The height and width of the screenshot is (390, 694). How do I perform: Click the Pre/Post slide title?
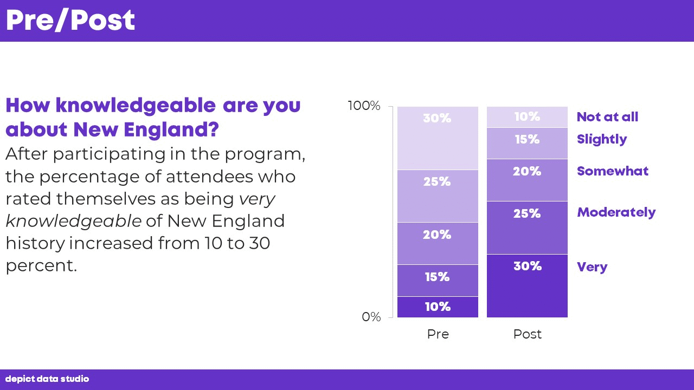[70, 21]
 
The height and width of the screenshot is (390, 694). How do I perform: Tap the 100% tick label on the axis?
[364, 106]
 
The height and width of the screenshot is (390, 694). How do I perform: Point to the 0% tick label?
[371, 317]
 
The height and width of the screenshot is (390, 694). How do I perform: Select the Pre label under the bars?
[438, 334]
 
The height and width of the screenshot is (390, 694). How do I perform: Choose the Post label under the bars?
[527, 334]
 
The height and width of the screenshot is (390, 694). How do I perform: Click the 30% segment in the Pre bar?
[438, 138]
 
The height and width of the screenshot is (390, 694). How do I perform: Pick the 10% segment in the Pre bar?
[438, 307]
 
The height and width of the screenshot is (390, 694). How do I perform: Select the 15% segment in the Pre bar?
[438, 280]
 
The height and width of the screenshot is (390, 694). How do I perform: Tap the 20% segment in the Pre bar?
[438, 243]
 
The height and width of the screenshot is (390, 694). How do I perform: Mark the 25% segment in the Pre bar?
[438, 196]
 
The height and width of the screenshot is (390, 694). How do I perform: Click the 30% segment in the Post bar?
[527, 285]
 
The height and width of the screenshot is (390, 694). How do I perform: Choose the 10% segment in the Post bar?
[527, 117]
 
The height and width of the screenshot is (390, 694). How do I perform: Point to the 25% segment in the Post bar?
[527, 227]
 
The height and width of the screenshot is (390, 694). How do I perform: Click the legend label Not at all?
[607, 117]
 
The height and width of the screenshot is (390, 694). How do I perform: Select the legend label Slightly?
[602, 139]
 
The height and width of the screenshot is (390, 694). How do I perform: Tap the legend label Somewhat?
[613, 171]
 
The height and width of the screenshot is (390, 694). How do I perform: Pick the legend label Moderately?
[616, 212]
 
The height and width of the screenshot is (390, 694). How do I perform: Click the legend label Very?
[592, 267]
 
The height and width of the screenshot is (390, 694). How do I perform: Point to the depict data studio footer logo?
[47, 379]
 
